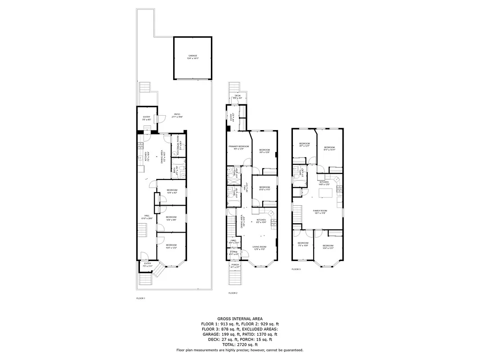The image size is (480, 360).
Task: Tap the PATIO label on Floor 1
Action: click(x=176, y=115)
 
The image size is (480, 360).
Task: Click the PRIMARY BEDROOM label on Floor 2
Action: click(x=238, y=147)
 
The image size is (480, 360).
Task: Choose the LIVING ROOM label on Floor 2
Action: click(x=260, y=247)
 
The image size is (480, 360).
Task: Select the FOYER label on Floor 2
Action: click(x=234, y=253)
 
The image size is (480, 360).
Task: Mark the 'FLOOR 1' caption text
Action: click(x=141, y=298)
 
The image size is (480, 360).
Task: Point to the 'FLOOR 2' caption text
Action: click(x=233, y=293)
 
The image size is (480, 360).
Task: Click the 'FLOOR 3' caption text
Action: click(x=296, y=269)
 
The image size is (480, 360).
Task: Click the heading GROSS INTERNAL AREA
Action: click(x=240, y=318)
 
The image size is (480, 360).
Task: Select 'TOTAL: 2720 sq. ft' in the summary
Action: click(x=240, y=345)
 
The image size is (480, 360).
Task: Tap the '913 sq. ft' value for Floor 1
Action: click(x=232, y=324)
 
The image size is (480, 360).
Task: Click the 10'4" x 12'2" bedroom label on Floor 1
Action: click(x=171, y=246)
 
